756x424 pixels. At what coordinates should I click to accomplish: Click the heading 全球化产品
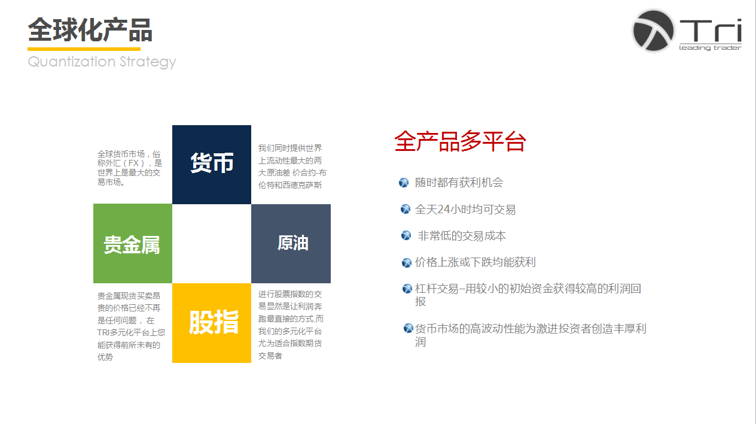tap(90, 30)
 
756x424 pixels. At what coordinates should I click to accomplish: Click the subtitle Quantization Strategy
tap(102, 62)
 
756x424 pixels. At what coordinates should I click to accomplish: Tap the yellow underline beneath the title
tap(84, 49)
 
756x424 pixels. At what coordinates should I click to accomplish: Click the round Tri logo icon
tap(653, 31)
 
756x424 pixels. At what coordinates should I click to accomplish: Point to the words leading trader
tap(710, 48)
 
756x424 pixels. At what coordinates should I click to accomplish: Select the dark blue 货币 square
tap(212, 165)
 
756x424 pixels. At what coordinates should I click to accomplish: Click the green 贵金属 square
tap(133, 243)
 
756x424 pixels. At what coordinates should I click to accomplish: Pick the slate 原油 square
tap(291, 244)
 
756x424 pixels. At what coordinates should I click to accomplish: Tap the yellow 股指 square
tap(212, 323)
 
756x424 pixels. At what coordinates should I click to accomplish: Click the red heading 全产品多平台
tap(460, 141)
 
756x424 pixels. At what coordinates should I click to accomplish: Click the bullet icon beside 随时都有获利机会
tap(404, 183)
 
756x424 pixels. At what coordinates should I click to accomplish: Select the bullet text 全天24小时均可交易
tap(465, 210)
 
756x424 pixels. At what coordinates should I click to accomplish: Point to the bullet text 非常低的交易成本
tap(462, 236)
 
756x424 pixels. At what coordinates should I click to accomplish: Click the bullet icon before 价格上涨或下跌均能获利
tap(407, 262)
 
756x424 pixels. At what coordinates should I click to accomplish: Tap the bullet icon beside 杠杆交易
tap(407, 289)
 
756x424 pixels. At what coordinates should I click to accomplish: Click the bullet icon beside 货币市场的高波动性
tap(409, 328)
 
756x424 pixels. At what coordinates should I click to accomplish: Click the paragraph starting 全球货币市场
tap(130, 168)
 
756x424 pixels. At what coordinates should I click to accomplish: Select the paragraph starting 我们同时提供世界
tap(292, 166)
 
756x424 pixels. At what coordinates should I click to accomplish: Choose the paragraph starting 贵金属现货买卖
tap(132, 326)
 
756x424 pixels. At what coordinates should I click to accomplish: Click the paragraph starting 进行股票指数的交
tap(291, 325)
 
